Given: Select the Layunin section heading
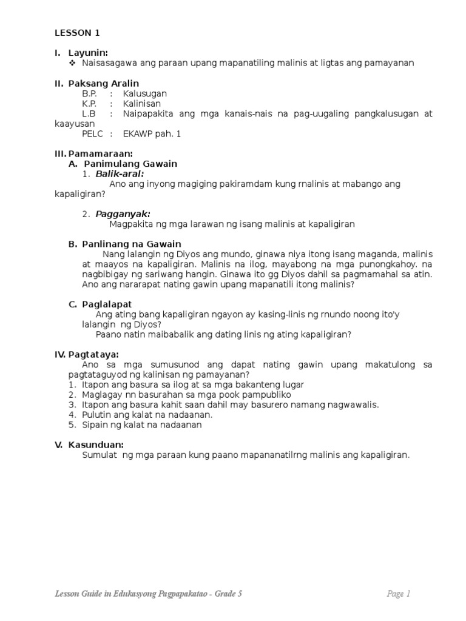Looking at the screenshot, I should pos(88,53).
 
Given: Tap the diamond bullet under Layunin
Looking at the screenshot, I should pos(73,63).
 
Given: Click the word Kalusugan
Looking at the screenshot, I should pos(144,94).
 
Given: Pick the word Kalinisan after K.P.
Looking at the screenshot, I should pos(141,104).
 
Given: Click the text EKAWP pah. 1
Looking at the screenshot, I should pos(152,133).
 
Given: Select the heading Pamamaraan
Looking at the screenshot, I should pos(101,154).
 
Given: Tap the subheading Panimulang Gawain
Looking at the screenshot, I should pos(130,164).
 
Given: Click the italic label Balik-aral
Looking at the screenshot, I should pos(120,174).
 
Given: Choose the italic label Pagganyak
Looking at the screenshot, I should pos(123,213).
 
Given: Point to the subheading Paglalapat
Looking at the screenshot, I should pos(107,304).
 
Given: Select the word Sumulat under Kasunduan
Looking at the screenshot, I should pos(99,455).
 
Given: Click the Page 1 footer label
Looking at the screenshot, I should pos(399,594).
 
